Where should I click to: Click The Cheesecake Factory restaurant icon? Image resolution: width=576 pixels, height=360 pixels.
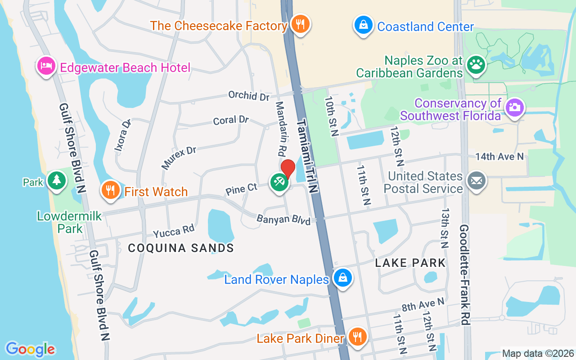[x=299, y=24]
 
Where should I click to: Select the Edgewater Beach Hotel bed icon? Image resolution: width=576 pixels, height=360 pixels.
[x=46, y=66]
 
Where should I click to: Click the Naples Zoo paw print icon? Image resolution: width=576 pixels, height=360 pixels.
[x=476, y=65]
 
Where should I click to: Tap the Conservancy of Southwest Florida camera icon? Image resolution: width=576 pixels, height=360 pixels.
[x=514, y=108]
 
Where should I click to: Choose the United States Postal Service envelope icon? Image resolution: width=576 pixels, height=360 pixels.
[x=476, y=181]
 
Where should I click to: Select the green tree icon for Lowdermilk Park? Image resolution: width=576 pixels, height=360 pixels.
[x=57, y=180]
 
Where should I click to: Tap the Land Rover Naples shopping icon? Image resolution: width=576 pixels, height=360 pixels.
[x=342, y=278]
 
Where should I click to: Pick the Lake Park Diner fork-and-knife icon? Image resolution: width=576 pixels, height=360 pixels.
[x=358, y=336]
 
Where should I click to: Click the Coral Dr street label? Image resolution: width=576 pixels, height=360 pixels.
[x=231, y=120]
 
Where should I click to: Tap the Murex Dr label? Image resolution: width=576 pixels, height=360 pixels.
[x=179, y=157]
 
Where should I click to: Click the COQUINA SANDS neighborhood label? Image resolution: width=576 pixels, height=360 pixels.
[x=181, y=247]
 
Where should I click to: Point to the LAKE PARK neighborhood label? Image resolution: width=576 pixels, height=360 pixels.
[x=410, y=263]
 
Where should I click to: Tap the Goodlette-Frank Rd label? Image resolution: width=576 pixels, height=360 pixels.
[x=465, y=274]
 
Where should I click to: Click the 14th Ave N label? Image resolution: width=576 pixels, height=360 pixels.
[x=499, y=157]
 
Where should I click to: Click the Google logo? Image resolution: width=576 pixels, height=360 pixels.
[x=30, y=349]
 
